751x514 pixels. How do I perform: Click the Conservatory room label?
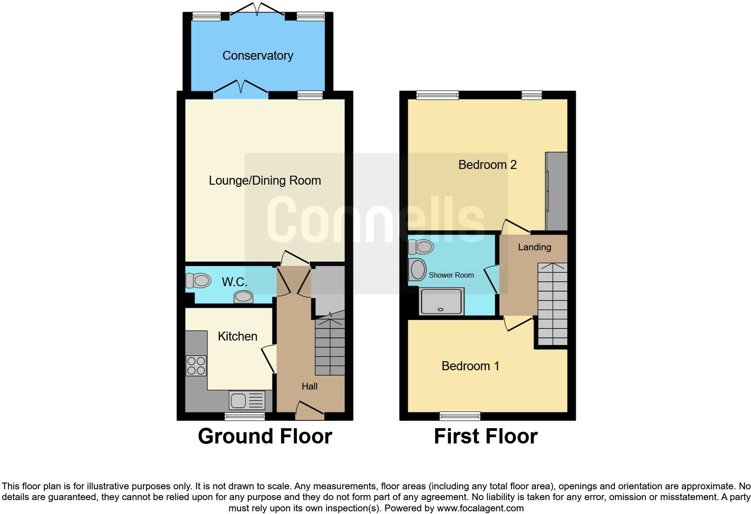point(257,55)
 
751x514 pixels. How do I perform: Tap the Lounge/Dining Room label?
point(265,181)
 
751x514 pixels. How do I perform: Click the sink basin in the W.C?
point(243,297)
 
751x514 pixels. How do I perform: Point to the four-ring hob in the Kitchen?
point(196,365)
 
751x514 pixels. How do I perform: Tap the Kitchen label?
point(237,336)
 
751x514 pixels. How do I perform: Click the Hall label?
point(309,386)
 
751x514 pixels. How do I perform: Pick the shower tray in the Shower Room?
point(441,301)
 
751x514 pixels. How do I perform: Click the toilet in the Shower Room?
point(421,246)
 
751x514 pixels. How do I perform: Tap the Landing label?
point(534,247)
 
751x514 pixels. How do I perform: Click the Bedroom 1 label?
point(470,366)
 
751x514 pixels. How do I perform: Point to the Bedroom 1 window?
point(459,416)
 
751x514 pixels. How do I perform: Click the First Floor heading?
point(486,436)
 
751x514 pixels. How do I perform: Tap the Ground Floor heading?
point(265,436)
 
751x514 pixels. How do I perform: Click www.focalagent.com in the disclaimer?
point(480,508)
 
